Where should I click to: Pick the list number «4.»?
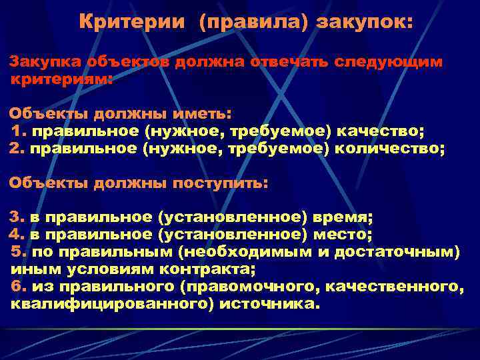click(16, 235)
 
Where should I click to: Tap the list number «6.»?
click(19, 287)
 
